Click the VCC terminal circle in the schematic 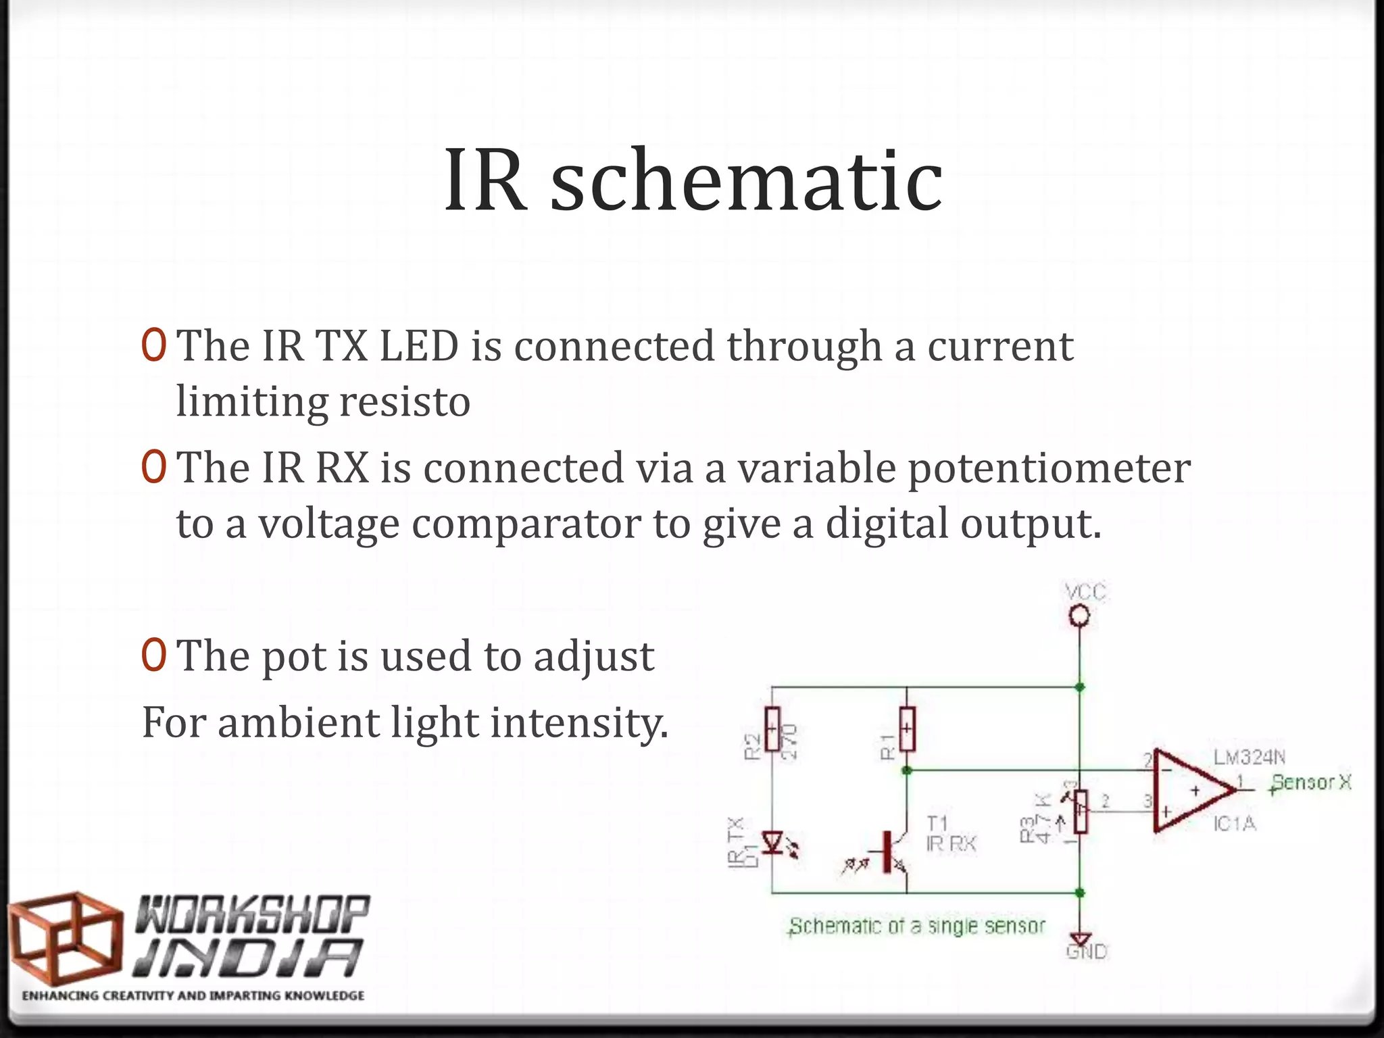pos(1079,616)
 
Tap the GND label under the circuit pos(1087,952)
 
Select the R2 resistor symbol pos(772,729)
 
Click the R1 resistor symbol pos(907,729)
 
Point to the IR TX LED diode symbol pos(772,843)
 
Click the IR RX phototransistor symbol pos(892,851)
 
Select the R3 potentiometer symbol pos(1081,812)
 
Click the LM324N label pos(1249,758)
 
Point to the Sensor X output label pos(1311,783)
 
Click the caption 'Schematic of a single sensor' pos(917,926)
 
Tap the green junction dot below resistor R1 pos(907,770)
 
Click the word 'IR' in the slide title pos(485,181)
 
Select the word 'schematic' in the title pos(746,181)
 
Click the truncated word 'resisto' pos(404,401)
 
